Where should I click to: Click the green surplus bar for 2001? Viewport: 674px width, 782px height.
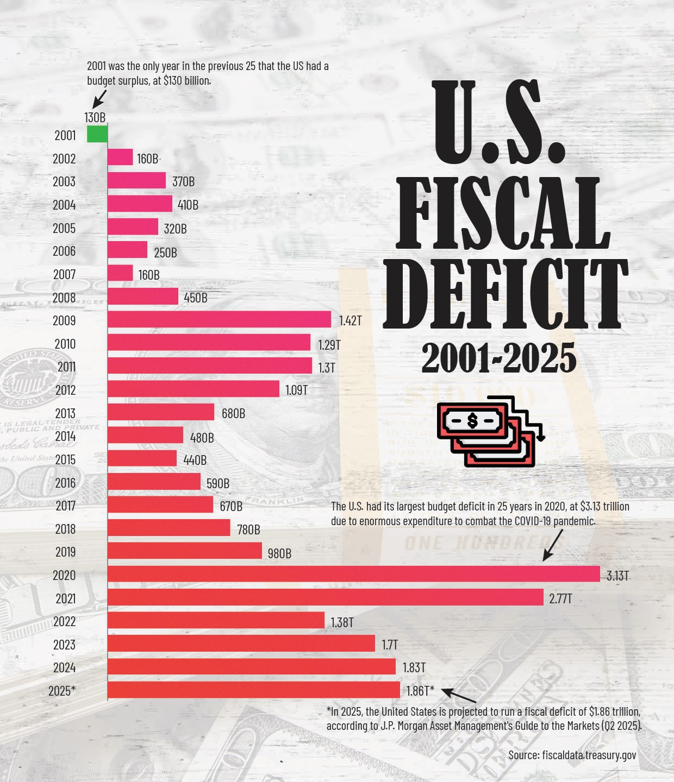[97, 134]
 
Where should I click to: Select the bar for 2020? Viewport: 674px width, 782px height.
[353, 574]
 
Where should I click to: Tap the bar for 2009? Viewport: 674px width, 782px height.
[219, 319]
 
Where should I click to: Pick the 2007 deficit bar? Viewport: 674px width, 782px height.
[120, 273]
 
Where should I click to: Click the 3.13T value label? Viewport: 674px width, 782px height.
[618, 576]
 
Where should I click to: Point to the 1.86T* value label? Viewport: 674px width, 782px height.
[420, 691]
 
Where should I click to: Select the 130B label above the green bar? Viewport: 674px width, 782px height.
[95, 117]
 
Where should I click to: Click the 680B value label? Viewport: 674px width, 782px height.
[233, 413]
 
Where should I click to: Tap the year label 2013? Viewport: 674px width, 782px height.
[65, 413]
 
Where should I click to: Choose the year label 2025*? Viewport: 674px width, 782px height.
[62, 691]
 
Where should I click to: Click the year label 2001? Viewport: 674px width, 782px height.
[65, 135]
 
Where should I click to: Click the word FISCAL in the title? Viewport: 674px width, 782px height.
[503, 212]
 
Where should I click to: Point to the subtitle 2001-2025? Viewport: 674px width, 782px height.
[498, 358]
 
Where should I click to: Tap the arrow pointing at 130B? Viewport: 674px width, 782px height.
[99, 99]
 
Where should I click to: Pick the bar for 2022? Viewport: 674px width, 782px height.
[216, 621]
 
